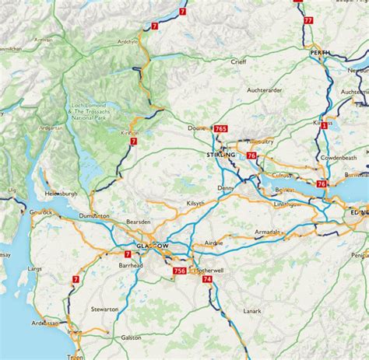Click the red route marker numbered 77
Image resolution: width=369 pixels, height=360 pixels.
tap(309, 19)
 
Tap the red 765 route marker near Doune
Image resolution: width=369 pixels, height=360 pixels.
tap(221, 129)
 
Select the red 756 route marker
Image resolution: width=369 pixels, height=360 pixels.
tap(180, 271)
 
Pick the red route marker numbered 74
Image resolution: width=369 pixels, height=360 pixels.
tap(207, 289)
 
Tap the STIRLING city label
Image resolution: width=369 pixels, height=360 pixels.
tap(223, 156)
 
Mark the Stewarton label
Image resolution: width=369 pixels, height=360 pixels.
tap(104, 309)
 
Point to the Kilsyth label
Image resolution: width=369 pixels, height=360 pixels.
tap(178, 203)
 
